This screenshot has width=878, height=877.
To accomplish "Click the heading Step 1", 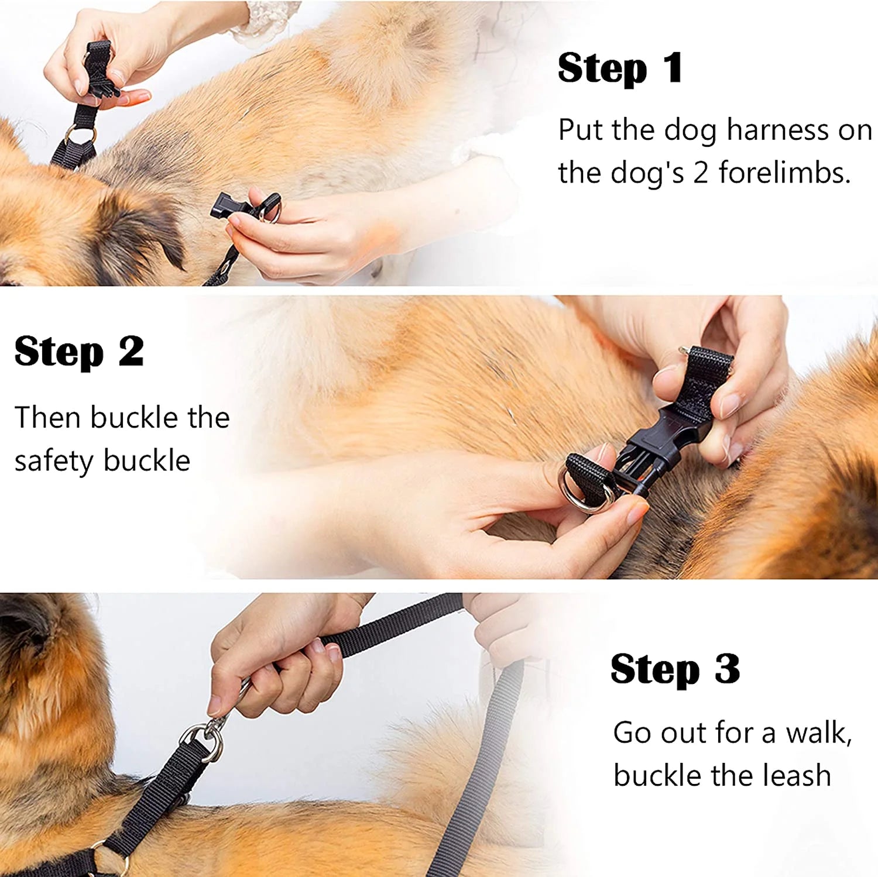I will (620, 68).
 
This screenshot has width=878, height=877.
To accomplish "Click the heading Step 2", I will (79, 352).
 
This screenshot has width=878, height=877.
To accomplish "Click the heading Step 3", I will (674, 669).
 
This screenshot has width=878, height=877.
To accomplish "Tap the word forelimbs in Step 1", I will (784, 173).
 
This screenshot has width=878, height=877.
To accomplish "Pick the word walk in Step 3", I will (817, 733).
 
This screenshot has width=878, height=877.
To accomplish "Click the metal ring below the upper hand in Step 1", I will (80, 135).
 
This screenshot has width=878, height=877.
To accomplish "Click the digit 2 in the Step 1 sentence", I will (701, 173).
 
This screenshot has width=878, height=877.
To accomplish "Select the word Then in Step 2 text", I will (48, 418).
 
